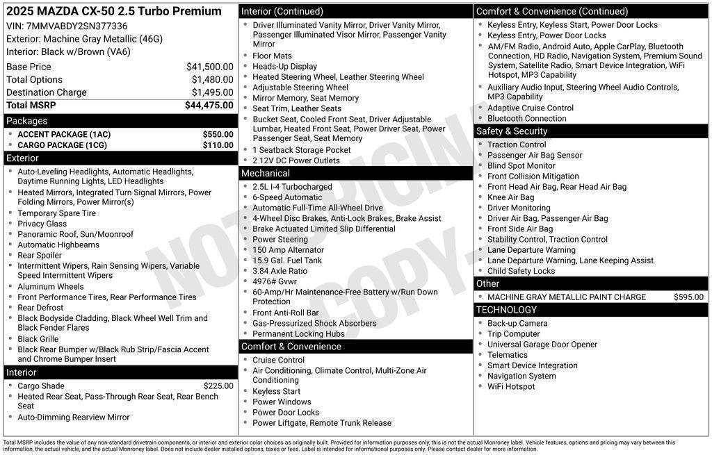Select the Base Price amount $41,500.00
[209, 67]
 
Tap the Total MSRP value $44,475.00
[209, 106]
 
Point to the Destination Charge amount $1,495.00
[212, 92]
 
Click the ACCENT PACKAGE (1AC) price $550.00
[218, 135]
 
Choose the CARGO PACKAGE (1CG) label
[63, 145]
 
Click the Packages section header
[27, 121]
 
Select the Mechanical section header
[266, 173]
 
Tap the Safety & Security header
[512, 131]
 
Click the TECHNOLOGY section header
[506, 310]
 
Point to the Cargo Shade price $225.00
[218, 386]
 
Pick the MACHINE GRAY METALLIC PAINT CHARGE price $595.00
[688, 297]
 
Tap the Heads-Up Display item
[284, 67]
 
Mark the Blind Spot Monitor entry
[521, 166]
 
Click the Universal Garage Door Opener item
[542, 345]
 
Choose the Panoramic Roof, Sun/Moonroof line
[75, 234]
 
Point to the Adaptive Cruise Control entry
[531, 108]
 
